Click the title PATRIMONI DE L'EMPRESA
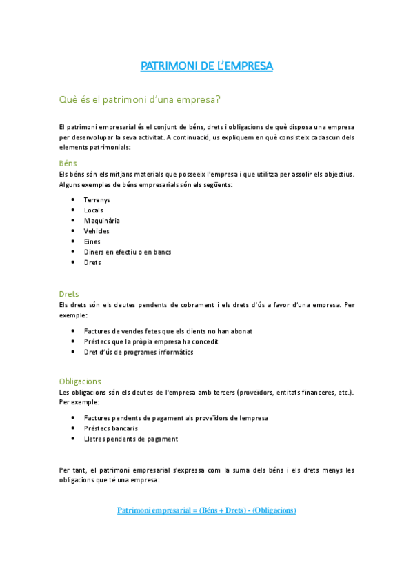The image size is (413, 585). point(207,66)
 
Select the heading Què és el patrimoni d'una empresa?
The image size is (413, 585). point(140,99)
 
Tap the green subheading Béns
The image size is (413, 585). point(68,163)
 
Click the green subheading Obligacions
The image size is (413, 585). point(80,381)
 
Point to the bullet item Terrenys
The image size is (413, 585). point(97,200)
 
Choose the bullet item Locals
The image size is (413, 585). point(93,210)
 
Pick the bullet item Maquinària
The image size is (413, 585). point(102,221)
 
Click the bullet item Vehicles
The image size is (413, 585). point(97,231)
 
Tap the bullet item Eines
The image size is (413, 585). point(92,241)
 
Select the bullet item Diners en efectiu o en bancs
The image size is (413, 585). point(128,252)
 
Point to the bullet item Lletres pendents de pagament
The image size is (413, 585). point(131,439)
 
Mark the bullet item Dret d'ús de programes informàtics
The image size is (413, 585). point(139,352)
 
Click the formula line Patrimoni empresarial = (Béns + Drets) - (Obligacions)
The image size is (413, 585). point(207,510)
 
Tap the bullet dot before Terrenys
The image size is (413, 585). point(74,200)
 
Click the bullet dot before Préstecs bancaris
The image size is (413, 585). point(74,428)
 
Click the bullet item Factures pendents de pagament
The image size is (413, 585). point(176,418)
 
